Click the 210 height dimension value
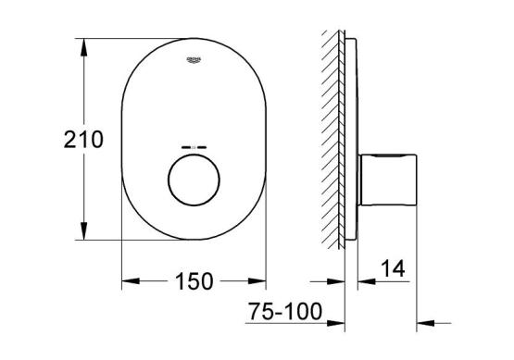(83, 139)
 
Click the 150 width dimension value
(194, 281)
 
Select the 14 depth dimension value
(393, 268)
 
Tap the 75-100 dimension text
(285, 311)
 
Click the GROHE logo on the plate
(194, 60)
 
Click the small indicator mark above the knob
(194, 147)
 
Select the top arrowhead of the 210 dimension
(84, 47)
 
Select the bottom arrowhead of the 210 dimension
(84, 231)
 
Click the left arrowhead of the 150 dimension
(131, 281)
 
